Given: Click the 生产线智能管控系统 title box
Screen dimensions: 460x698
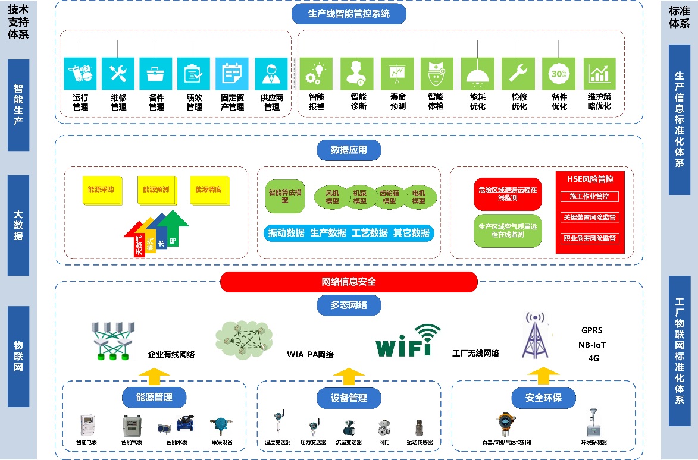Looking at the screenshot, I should [x=349, y=13].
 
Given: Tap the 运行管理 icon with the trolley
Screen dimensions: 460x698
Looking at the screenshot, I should [x=80, y=74].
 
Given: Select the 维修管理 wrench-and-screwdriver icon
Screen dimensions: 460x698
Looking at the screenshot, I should [x=118, y=74].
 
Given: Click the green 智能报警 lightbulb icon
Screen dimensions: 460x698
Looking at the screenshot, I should [x=315, y=74].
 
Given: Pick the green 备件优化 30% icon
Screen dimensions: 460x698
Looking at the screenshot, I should [x=559, y=74].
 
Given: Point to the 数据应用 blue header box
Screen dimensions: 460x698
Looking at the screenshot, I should [x=348, y=151].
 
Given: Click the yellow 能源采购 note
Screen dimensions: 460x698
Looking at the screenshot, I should [x=101, y=190].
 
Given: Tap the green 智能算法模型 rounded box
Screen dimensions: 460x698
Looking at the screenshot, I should [x=285, y=196].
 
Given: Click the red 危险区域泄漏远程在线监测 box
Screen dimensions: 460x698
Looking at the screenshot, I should [x=507, y=194].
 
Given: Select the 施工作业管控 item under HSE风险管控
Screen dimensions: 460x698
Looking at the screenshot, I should [x=590, y=197].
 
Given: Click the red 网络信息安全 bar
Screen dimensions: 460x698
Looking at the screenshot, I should [x=349, y=282].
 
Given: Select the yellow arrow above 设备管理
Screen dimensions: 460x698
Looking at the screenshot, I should [x=349, y=376].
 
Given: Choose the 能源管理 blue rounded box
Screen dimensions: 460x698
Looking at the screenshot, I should [x=154, y=397].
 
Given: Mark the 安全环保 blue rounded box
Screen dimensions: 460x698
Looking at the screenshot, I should [x=543, y=397].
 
